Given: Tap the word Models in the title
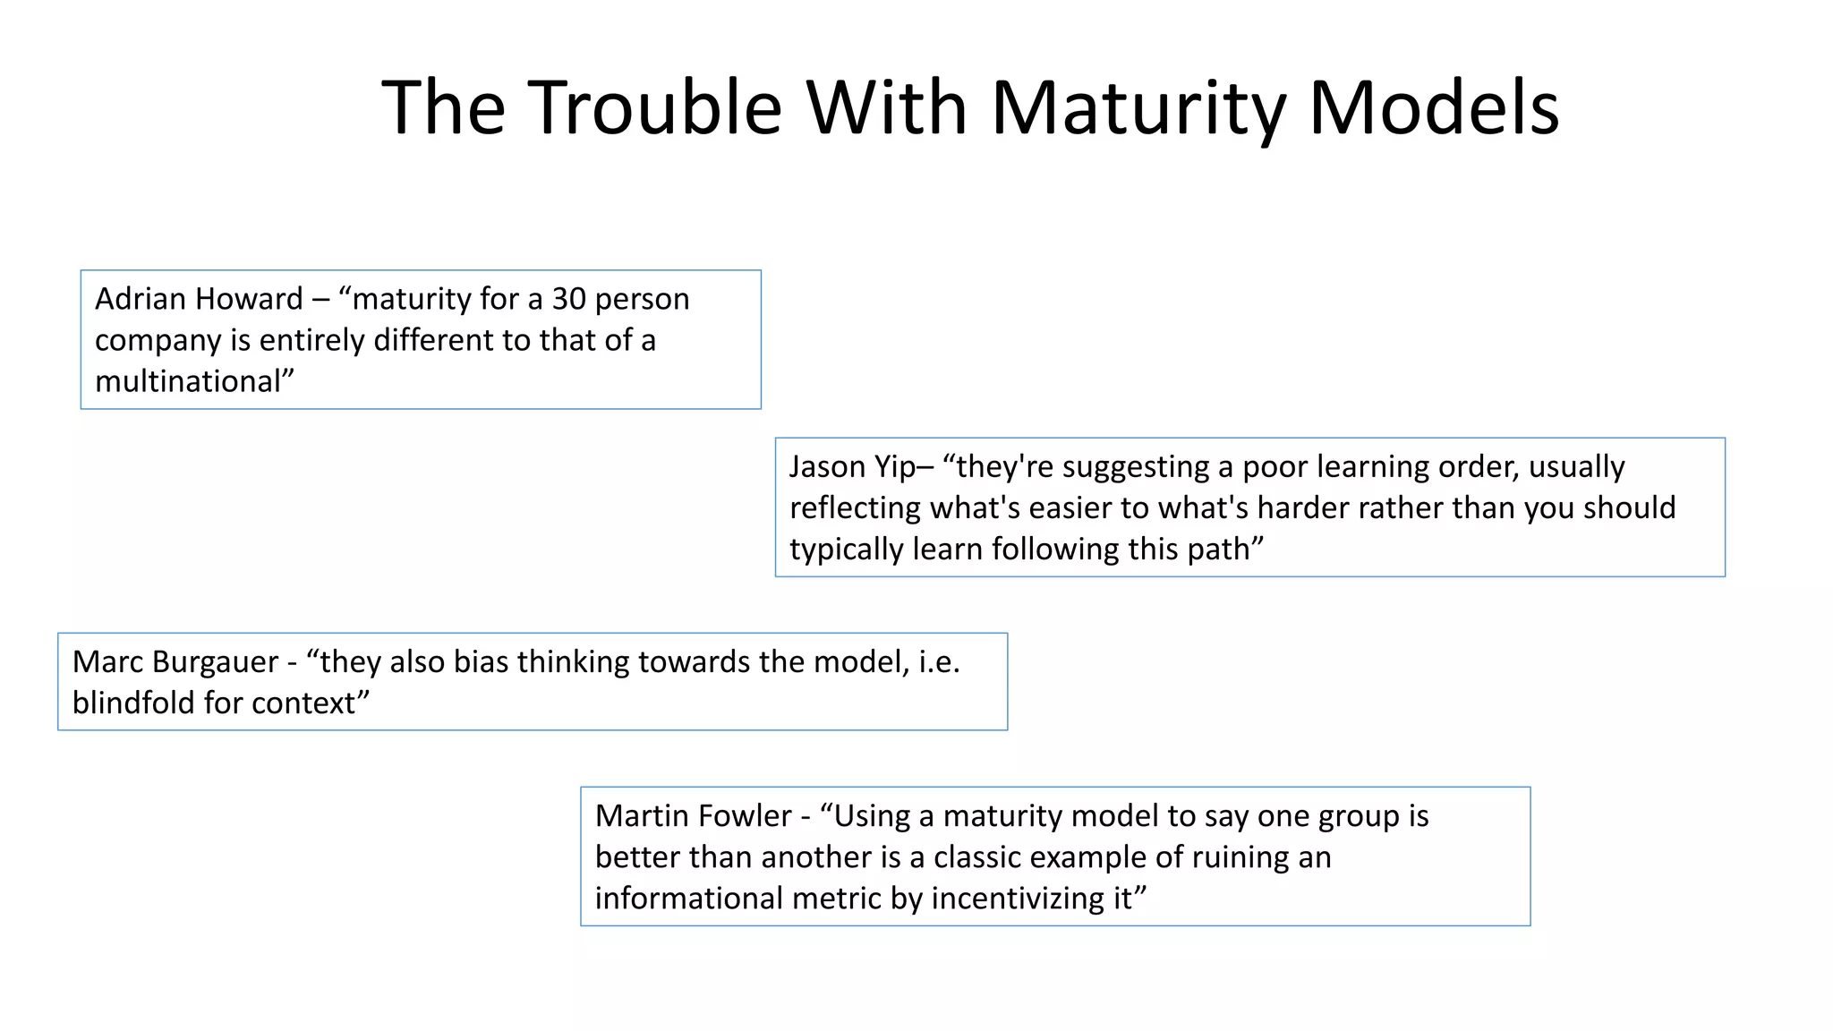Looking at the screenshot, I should coord(1435,107).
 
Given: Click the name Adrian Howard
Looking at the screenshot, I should coord(199,299).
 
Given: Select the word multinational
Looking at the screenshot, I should coord(188,381).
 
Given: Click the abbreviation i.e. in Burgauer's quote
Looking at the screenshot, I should coord(939,662).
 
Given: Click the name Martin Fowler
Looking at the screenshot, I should coord(693,816).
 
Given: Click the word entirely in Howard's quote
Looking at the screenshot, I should coord(310,340).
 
